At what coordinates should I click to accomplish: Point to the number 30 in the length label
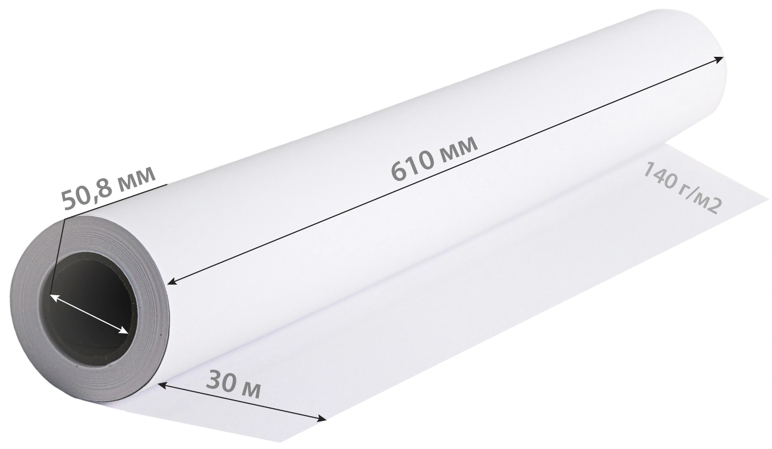tap(221, 380)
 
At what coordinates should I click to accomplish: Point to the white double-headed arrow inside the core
tap(89, 314)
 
